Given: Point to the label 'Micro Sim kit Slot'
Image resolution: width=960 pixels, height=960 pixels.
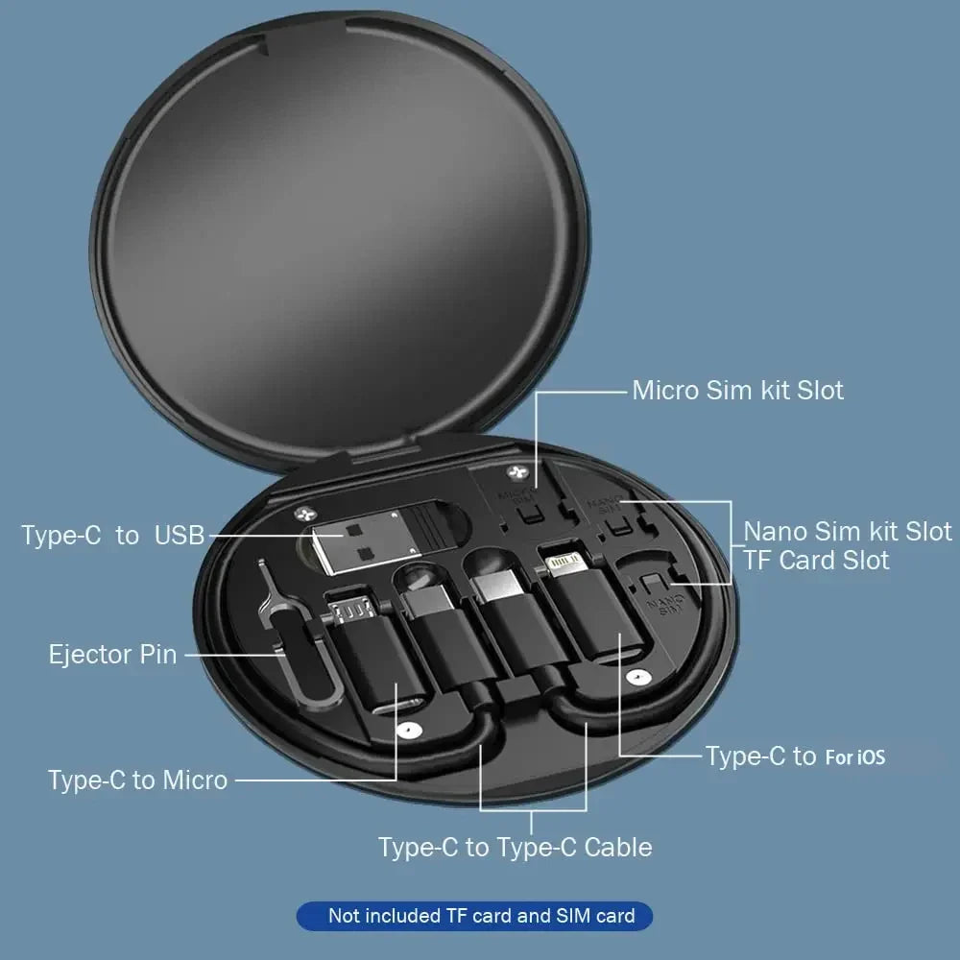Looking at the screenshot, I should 737,391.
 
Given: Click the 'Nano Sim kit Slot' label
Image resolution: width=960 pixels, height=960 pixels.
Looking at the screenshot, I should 848,531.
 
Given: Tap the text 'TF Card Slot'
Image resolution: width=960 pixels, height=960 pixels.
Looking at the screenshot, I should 816,561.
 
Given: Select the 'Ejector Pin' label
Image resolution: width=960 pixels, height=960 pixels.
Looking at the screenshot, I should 112,655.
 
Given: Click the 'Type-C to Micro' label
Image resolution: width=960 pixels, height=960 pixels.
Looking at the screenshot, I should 137,780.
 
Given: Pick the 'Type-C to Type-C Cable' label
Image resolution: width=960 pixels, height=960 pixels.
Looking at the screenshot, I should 515,847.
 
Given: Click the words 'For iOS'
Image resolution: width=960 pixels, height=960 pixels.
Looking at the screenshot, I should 854,757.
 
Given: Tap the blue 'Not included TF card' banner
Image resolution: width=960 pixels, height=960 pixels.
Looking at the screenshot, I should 474,916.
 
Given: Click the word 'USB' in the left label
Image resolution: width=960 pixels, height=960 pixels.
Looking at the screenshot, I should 180,535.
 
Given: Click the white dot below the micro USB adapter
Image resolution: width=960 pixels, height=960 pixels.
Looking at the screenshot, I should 411,730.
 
